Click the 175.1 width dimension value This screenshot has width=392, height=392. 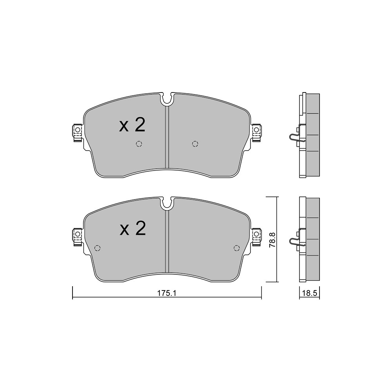pyautogui.click(x=167, y=293)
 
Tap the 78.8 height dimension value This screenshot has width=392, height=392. pyautogui.click(x=272, y=240)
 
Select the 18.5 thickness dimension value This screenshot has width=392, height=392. pyautogui.click(x=310, y=293)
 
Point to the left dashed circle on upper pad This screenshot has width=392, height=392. pyautogui.click(x=139, y=144)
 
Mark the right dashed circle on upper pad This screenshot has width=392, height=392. pyautogui.click(x=195, y=144)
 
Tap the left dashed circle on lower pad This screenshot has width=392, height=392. pyautogui.click(x=98, y=248)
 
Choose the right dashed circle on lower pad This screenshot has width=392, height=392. pyautogui.click(x=236, y=248)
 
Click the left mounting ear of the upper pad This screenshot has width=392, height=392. pyautogui.click(x=77, y=132)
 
